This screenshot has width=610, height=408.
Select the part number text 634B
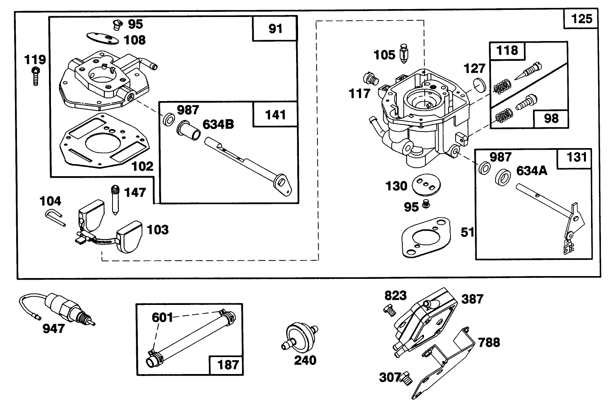(x=218, y=124)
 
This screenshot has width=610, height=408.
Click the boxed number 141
(x=275, y=115)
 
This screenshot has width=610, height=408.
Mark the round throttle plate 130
(x=422, y=185)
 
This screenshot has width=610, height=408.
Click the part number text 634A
(x=531, y=171)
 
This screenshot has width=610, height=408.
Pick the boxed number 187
(x=228, y=364)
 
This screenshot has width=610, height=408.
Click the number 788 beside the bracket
(x=489, y=342)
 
